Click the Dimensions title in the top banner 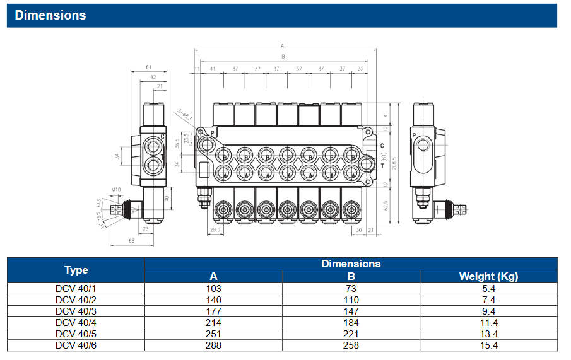50,15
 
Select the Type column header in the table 76,270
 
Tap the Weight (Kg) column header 488,276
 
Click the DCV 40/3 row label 76,311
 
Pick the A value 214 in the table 213,322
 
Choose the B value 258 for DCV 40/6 351,345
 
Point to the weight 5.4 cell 488,288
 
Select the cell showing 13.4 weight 488,334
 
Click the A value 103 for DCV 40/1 213,288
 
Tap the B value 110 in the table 351,299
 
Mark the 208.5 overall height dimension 394,163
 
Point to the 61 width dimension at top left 148,67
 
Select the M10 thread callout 115,189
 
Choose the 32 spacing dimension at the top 360,69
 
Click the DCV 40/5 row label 76,334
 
